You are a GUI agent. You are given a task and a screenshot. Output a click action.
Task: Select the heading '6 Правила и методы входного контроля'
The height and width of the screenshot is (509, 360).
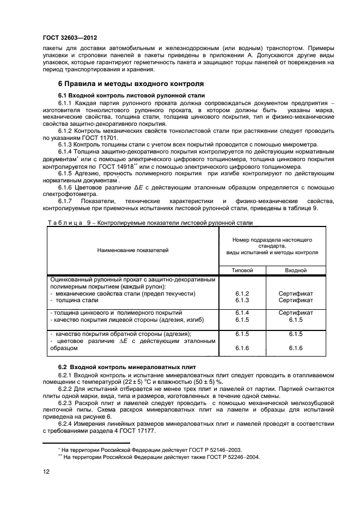coord(131,84)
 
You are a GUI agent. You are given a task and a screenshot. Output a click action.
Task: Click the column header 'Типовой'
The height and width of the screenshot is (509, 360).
coord(242,270)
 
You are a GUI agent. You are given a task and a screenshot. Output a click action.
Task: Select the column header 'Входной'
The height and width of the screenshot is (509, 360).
coord(296,270)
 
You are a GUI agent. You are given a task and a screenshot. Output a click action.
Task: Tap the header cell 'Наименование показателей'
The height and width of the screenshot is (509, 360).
coord(132,250)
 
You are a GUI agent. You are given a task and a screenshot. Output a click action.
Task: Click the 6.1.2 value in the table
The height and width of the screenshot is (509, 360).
coord(242,293)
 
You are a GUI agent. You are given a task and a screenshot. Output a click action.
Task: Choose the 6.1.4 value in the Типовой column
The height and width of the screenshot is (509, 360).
coord(242,313)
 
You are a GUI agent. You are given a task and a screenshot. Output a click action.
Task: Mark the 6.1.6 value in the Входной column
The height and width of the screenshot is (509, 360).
coord(296,348)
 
